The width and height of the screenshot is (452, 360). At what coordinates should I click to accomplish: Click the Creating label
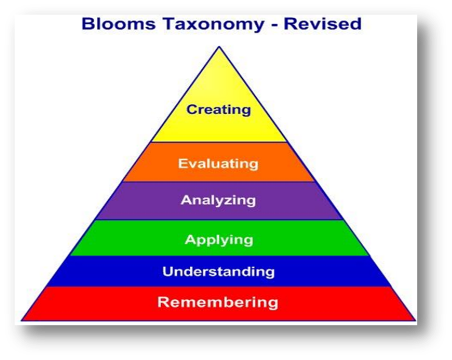(x=218, y=110)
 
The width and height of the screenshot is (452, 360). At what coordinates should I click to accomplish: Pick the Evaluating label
(x=218, y=164)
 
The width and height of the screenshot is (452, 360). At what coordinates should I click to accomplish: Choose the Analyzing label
(x=218, y=200)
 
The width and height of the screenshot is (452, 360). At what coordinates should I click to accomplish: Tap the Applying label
(x=218, y=240)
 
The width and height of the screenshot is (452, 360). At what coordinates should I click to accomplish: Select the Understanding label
(x=218, y=271)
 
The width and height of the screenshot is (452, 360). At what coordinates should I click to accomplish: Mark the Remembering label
(x=218, y=302)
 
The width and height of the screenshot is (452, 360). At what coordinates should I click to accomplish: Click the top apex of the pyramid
(x=218, y=47)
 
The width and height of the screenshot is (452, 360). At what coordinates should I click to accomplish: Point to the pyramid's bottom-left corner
(x=22, y=320)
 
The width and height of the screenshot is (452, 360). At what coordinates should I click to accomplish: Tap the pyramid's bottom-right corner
(x=415, y=320)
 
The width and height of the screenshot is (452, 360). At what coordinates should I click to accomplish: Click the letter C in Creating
(x=192, y=110)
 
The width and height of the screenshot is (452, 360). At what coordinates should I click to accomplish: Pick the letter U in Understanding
(x=168, y=271)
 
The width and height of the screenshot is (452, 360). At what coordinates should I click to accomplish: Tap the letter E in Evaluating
(x=182, y=164)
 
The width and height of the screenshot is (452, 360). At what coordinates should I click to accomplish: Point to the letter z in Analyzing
(x=234, y=201)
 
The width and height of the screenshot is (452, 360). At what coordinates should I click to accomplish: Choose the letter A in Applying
(x=190, y=239)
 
